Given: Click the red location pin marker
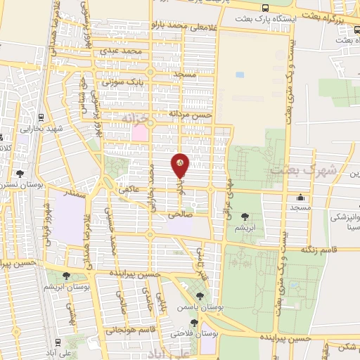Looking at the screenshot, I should pyautogui.click(x=181, y=166).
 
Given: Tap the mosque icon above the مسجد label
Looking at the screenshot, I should pyautogui.click(x=301, y=197).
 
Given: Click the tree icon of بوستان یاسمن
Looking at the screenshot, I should pyautogui.click(x=201, y=296).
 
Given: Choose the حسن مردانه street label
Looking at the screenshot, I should pyautogui.click(x=189, y=113).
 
